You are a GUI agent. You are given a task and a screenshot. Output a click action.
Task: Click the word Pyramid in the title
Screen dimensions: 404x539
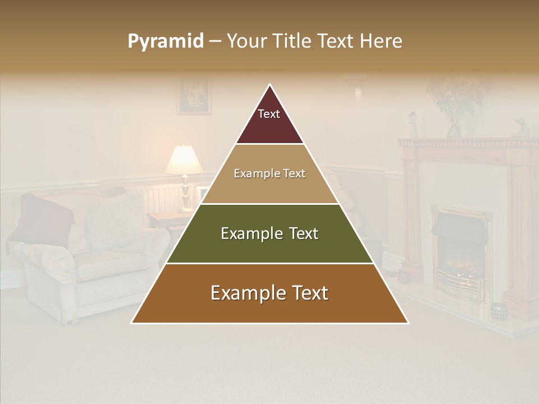coord(166,42)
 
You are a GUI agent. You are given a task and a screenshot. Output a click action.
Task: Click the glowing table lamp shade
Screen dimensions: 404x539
coord(184,159)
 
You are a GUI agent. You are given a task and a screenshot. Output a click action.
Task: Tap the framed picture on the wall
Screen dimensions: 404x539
coord(194,96)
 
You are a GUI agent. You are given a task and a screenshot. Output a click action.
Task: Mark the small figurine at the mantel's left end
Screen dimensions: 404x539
coord(413,124)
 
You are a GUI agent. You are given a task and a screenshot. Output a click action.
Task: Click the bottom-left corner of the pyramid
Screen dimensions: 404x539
coord(133,323)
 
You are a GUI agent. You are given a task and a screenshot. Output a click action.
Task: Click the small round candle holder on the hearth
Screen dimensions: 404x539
coord(498,310)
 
